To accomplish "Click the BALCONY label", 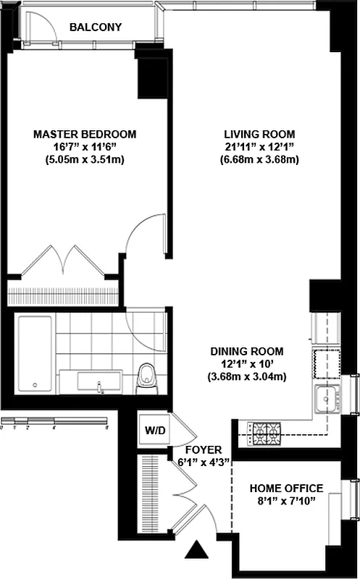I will pyautogui.click(x=95, y=28).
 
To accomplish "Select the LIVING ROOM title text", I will pyautogui.click(x=259, y=134).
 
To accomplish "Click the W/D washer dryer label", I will pyautogui.click(x=155, y=431).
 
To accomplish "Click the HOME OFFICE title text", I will pyautogui.click(x=285, y=489).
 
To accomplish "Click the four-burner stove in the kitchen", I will pyautogui.click(x=264, y=434).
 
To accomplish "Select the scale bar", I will pyautogui.click(x=55, y=421).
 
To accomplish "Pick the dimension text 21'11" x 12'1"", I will pyautogui.click(x=259, y=147).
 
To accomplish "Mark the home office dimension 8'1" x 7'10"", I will pyautogui.click(x=285, y=502).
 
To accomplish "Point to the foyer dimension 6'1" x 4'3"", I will pyautogui.click(x=207, y=461).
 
